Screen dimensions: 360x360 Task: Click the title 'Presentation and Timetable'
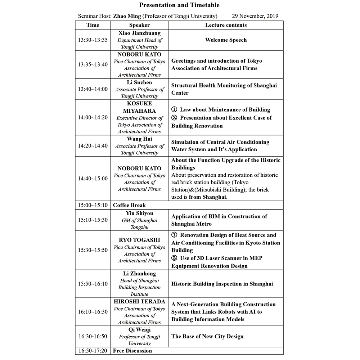(x=179, y=5)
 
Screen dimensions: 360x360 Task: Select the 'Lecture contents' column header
(x=226, y=25)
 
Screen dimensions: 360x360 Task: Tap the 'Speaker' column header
(x=139, y=25)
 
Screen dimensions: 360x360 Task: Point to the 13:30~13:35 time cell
(x=93, y=40)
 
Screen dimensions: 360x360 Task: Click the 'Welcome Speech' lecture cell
(x=226, y=40)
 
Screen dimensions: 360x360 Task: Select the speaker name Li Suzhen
(x=139, y=82)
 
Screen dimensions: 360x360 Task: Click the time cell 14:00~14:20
(x=93, y=118)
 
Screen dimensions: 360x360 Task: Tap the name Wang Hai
(x=139, y=139)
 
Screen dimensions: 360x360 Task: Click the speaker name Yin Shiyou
(x=139, y=213)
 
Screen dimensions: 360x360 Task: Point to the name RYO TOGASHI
(x=139, y=240)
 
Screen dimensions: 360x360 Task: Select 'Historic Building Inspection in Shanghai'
(x=222, y=284)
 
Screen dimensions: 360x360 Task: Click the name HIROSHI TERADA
(x=139, y=302)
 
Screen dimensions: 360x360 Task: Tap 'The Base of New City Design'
(x=207, y=336)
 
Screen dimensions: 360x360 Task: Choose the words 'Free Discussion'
(x=132, y=351)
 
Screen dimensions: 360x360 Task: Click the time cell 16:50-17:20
(x=93, y=351)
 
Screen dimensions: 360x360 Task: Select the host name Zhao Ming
(x=125, y=16)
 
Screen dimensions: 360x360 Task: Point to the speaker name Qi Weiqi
(x=139, y=329)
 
